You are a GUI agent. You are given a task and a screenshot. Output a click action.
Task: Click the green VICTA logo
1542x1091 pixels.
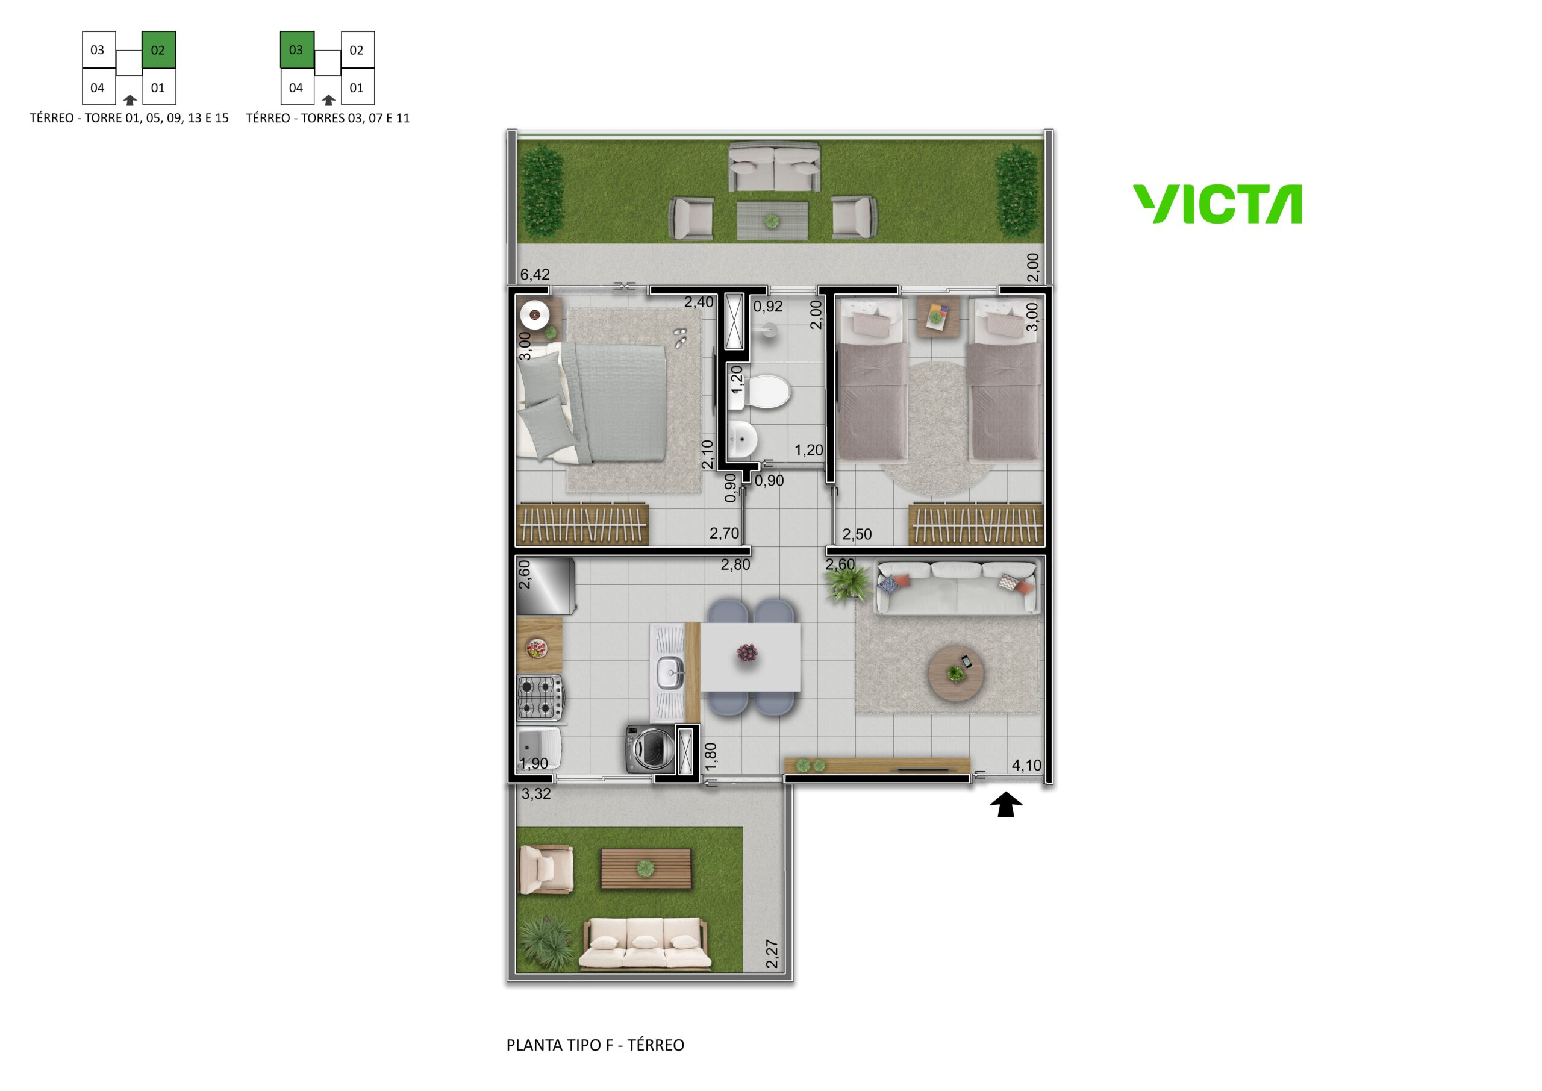(x=1217, y=204)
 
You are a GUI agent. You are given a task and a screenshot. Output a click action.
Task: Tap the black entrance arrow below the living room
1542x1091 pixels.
(x=1005, y=804)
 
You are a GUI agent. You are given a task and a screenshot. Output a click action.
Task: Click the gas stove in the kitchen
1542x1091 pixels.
(x=540, y=696)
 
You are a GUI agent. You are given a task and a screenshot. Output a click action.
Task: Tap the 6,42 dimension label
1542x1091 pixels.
(x=535, y=274)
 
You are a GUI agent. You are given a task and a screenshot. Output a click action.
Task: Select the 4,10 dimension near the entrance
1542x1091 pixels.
(x=1026, y=764)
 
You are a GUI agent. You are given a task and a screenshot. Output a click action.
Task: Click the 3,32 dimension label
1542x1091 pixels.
(x=536, y=793)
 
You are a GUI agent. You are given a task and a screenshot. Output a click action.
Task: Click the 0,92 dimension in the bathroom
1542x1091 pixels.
(x=767, y=307)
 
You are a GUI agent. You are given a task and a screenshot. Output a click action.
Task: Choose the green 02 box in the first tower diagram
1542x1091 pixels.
(x=158, y=50)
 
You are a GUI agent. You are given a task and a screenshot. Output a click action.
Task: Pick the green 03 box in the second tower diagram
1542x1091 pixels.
(x=296, y=50)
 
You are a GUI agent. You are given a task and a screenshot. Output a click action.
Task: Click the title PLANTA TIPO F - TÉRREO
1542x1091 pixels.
(x=595, y=1045)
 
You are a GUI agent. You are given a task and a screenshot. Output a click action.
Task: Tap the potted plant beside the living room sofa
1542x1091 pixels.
(x=849, y=584)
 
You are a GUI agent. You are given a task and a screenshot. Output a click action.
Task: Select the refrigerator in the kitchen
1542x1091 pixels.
(x=545, y=586)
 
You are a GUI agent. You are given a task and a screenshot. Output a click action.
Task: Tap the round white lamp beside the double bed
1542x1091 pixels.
(x=535, y=314)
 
